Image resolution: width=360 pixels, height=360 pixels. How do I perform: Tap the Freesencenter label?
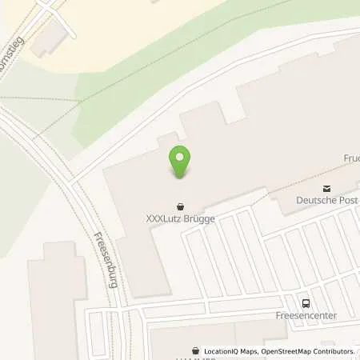(x=306, y=315)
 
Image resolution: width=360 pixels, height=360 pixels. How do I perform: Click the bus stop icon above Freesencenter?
(x=305, y=302)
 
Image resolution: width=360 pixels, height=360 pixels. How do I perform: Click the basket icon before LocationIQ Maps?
(x=196, y=351)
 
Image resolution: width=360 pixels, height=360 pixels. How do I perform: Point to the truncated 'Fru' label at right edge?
(x=352, y=158)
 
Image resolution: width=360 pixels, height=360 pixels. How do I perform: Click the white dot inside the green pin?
(x=180, y=157)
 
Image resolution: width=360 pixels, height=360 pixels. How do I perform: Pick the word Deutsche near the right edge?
(x=316, y=200)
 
